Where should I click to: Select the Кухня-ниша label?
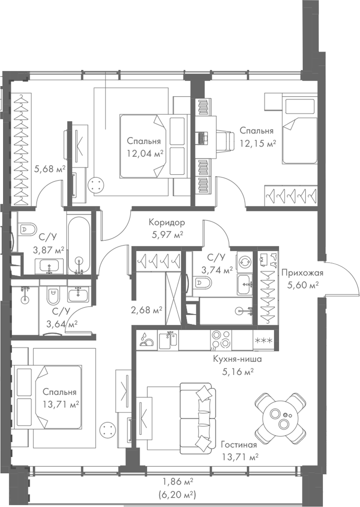pyautogui.click(x=237, y=360)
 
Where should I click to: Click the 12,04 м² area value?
pyautogui.click(x=145, y=153)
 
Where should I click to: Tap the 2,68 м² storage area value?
pyautogui.click(x=147, y=311)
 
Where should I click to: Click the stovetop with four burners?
pyautogui.click(x=221, y=340)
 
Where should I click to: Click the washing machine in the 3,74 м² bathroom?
pyautogui.click(x=244, y=262)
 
